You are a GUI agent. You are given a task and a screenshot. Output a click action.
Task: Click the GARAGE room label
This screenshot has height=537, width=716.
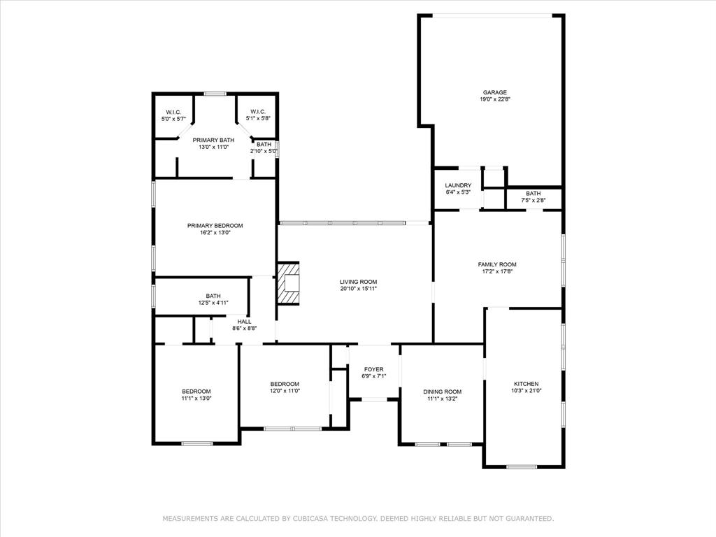click(494, 92)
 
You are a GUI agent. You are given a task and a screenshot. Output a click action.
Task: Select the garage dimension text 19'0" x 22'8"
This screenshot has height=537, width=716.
click(494, 99)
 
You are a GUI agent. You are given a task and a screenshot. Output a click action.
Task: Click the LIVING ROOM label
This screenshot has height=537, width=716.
click(359, 281)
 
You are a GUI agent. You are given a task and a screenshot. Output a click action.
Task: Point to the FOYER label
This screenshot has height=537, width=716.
click(374, 369)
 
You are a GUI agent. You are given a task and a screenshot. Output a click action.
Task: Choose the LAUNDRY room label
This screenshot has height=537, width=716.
click(458, 185)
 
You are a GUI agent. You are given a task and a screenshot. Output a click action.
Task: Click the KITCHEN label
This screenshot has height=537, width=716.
click(526, 384)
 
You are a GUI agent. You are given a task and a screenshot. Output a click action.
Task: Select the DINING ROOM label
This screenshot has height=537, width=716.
click(443, 392)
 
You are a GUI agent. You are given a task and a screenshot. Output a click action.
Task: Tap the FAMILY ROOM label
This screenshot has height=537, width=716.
click(497, 264)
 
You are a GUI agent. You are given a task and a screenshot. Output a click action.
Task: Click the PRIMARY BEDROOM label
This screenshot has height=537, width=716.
click(215, 225)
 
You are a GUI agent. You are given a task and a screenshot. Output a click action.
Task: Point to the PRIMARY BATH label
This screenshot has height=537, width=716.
click(213, 140)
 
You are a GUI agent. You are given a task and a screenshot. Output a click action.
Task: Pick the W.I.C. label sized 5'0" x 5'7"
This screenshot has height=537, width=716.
click(174, 112)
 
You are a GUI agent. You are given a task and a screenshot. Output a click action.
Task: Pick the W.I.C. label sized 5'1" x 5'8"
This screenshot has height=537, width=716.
click(257, 112)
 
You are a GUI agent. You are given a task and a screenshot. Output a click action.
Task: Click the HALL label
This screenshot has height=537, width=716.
click(244, 322)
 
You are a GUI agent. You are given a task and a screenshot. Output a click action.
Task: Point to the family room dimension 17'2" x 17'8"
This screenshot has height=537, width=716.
click(497, 271)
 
